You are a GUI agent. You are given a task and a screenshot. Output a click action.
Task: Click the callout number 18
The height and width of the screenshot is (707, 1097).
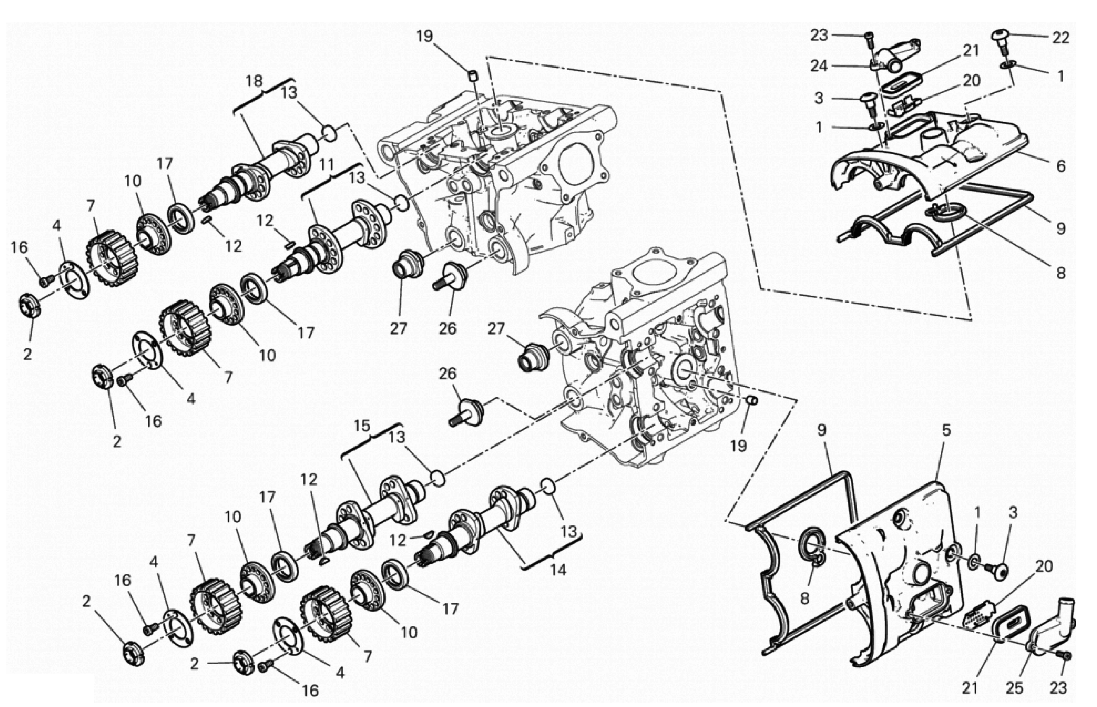coord(254,82)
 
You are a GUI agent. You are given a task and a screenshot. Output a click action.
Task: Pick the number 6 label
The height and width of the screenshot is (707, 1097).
coord(1060,166)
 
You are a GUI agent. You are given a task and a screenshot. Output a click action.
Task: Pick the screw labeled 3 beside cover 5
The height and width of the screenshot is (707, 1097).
coord(997,571)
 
